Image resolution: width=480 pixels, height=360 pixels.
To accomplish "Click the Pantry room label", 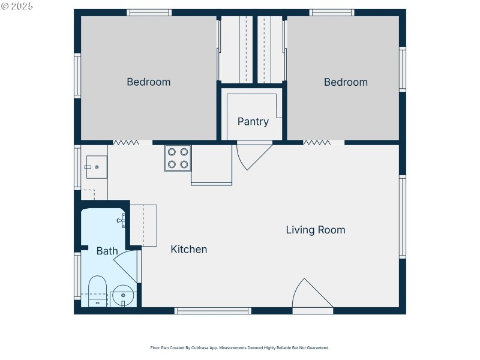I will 253,122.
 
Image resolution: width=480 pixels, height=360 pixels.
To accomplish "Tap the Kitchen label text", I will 189,250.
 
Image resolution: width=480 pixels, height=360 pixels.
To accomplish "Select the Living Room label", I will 315,230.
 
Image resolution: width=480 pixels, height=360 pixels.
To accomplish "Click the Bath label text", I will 107,251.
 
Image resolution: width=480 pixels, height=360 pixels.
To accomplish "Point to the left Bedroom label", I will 148,82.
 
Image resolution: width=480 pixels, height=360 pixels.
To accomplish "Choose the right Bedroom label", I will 346,82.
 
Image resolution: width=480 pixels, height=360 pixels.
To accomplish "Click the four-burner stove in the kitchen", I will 178,158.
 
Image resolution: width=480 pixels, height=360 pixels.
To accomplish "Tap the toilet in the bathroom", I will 97,290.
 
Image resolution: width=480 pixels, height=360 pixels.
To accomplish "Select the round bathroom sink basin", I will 124,295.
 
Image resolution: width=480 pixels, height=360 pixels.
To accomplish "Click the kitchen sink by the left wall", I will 96,167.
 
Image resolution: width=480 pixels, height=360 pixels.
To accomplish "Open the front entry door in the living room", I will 311,295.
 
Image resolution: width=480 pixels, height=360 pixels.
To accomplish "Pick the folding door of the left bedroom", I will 126,143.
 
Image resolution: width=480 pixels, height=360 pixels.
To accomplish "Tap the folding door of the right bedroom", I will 316,143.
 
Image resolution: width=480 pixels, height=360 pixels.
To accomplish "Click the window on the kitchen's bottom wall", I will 212,311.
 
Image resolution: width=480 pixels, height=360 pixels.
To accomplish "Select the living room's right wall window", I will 402,217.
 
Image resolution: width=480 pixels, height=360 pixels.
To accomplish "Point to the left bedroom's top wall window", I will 149,12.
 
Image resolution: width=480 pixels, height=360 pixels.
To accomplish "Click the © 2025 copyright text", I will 17,6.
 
